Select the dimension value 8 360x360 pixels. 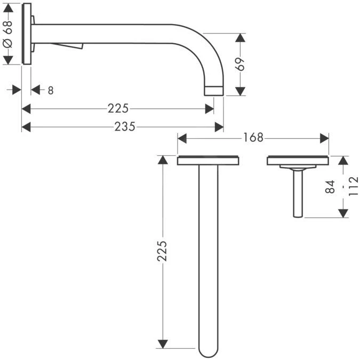click(x=51, y=91)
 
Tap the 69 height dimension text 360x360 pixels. click(x=241, y=64)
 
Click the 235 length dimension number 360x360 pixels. click(x=125, y=126)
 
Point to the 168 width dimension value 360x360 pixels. click(x=253, y=138)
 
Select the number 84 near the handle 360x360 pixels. click(x=330, y=187)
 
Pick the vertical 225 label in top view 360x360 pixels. click(x=163, y=251)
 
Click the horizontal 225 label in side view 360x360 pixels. click(x=118, y=108)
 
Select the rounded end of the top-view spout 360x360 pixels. click(x=209, y=351)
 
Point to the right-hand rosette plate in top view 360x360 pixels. click(x=298, y=161)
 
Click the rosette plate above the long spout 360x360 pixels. click(x=208, y=161)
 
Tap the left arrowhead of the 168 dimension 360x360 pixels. click(x=182, y=138)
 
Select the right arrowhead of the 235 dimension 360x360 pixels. click(x=219, y=126)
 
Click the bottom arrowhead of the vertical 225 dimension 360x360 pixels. click(x=163, y=343)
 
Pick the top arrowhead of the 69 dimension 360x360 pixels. click(x=241, y=38)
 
